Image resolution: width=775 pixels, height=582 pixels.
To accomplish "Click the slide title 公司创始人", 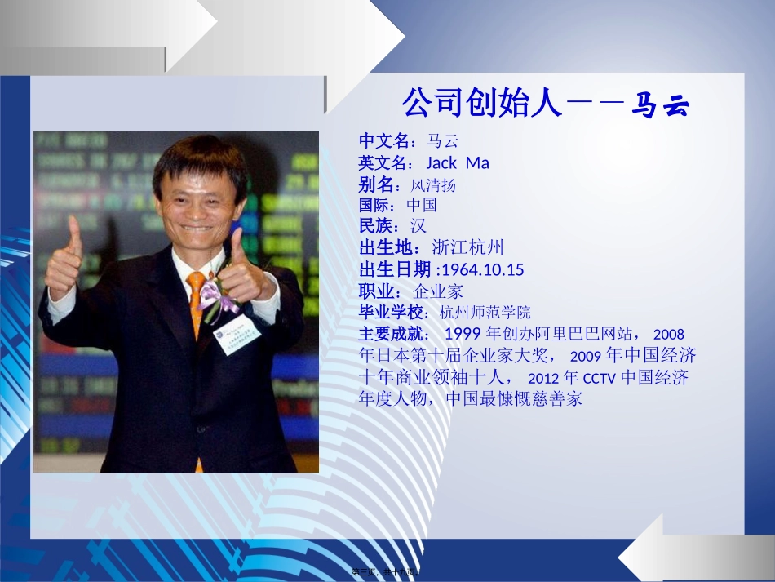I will point(482,104).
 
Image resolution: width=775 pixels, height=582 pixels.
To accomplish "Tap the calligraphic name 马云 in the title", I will point(661,106).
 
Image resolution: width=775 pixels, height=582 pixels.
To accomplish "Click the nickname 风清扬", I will point(433,184).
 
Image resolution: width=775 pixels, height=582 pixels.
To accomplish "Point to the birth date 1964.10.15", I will point(482,269).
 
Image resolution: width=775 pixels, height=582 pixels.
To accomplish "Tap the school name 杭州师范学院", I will point(485,312).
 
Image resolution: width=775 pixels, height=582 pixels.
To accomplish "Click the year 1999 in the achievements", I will point(463,334).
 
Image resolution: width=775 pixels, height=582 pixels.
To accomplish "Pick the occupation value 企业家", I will point(441,291).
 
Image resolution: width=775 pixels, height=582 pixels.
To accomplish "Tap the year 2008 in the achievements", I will point(668,334).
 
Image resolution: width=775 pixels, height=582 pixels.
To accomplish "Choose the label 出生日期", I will point(395,269).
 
